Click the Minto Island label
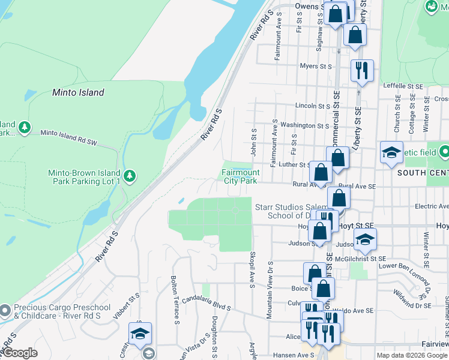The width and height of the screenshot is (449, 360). (78, 92)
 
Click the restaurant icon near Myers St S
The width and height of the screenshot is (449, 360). (362, 70)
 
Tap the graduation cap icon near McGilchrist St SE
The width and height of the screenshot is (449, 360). (365, 240)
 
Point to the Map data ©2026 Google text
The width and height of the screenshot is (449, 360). (412, 355)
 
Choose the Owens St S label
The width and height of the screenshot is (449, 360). (310, 7)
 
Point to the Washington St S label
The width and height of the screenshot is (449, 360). (304, 125)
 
